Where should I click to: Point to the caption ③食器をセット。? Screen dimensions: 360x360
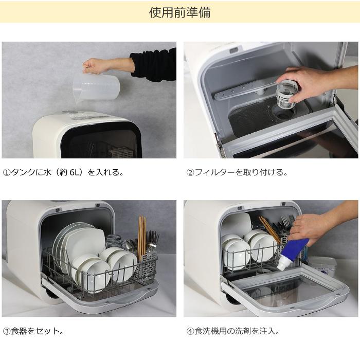[33, 331]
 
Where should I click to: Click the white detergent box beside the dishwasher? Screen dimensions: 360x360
[322, 266]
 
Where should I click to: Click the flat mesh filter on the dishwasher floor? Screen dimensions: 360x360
[257, 121]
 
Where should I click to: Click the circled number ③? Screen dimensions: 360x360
[7, 331]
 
